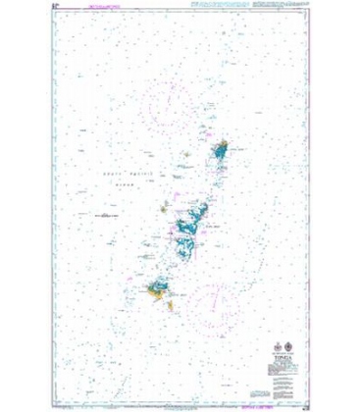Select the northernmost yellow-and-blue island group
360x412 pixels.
tap(221, 149)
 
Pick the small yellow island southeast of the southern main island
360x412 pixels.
tap(172, 305)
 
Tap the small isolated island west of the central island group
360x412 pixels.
tap(163, 207)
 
